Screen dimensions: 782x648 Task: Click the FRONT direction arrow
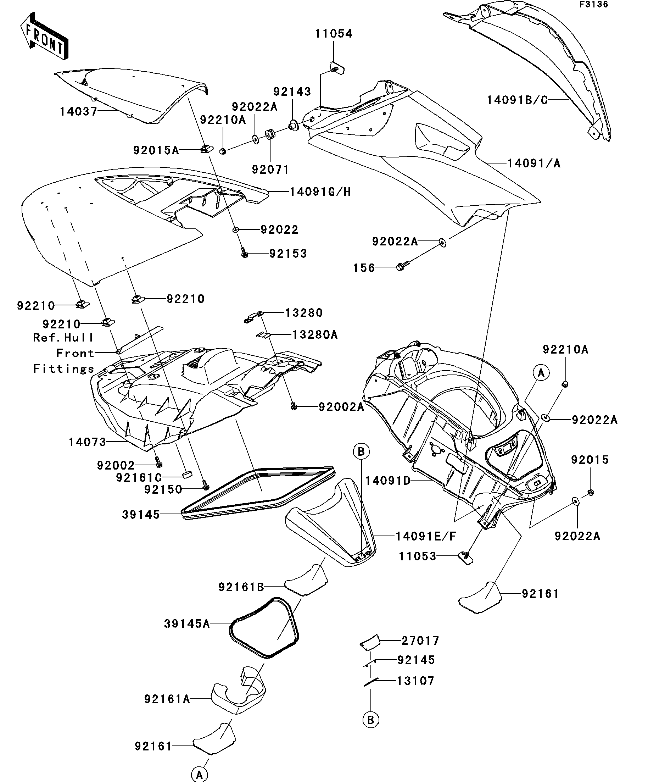coord(44,36)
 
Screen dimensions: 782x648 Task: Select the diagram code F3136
coord(593,5)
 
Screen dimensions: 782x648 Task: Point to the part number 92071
coord(270,170)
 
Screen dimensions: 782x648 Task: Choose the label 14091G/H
coord(320,192)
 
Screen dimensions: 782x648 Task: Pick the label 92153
coord(288,254)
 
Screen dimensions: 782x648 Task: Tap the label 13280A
coord(315,335)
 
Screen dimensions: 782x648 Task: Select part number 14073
coord(88,442)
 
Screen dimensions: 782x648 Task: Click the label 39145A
coord(187,624)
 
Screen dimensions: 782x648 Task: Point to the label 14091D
coord(388,481)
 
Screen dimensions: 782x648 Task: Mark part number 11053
coord(417,556)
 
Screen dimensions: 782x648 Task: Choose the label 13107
coord(415,681)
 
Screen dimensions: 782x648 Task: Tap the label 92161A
coord(167,699)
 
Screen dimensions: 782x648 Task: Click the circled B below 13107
coord(371,720)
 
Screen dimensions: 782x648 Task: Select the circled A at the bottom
coord(200,774)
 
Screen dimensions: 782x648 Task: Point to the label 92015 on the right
coord(590,460)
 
